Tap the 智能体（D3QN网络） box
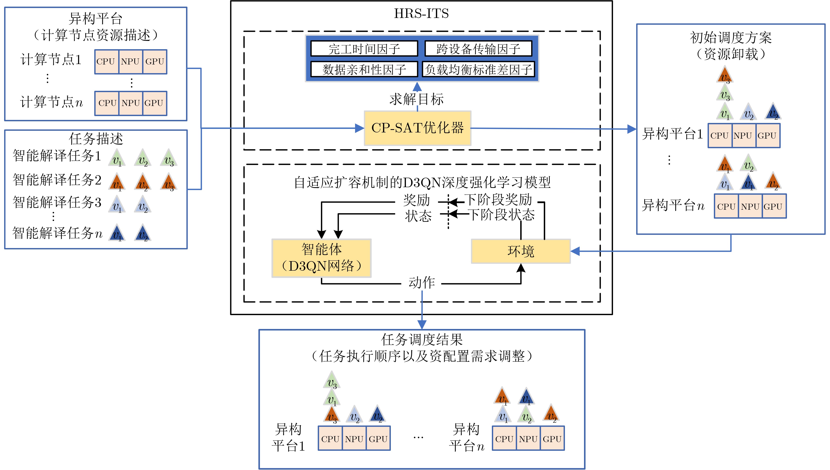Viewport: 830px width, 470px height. pos(321,258)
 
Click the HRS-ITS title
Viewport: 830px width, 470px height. pos(421,14)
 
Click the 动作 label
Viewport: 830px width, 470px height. pos(421,283)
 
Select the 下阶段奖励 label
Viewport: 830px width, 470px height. pos(498,200)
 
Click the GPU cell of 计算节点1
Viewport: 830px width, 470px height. pos(155,62)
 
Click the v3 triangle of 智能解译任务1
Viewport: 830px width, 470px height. pos(169,158)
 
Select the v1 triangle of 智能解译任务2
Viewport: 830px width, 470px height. pos(117,182)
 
